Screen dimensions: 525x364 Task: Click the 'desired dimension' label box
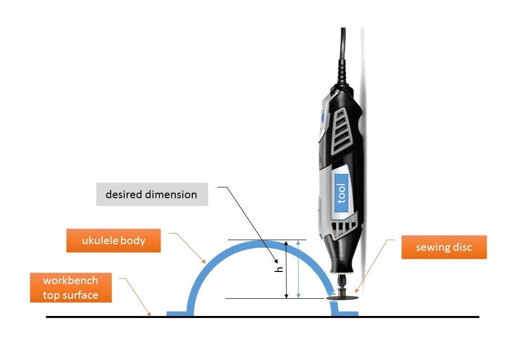point(152,194)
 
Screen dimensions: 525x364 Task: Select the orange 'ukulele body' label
point(114,240)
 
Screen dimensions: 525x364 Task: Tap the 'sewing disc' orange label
point(444,247)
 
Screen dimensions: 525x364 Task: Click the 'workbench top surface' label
point(71,288)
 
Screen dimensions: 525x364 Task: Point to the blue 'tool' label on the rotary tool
point(342,193)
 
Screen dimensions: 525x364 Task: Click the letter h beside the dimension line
point(279,269)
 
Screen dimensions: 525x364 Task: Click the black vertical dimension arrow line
point(286,269)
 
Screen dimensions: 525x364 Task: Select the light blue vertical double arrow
point(298,269)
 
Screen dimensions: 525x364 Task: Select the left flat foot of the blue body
point(180,314)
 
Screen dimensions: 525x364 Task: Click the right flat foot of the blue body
point(345,314)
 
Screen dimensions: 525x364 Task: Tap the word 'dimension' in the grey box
point(174,195)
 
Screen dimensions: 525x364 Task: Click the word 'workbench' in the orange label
point(71,280)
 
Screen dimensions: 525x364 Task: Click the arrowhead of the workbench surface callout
point(149,314)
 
